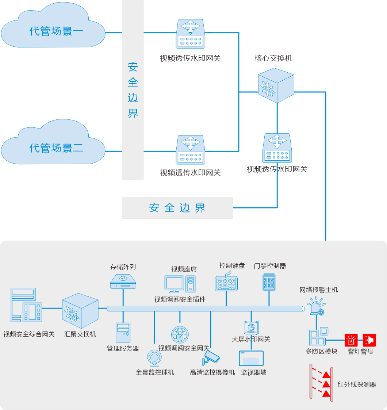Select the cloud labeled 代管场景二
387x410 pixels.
click(55, 144)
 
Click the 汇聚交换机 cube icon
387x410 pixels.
click(80, 311)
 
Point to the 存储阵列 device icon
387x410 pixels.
click(123, 281)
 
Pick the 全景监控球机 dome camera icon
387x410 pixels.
click(155, 358)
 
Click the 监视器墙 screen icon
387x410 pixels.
click(251, 358)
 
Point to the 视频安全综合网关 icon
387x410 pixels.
click(26, 304)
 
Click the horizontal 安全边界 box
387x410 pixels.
click(177, 208)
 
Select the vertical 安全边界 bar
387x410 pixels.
click(133, 90)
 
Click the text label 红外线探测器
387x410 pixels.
click(357, 384)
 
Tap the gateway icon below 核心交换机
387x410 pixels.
click(276, 148)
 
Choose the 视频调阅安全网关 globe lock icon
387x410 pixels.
click(180, 334)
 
